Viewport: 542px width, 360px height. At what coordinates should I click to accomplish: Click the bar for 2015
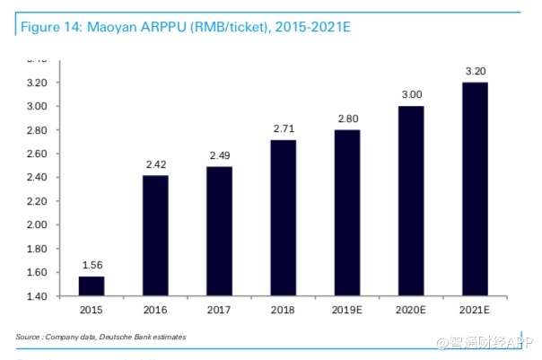tap(92, 285)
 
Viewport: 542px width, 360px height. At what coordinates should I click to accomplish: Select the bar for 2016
tap(155, 235)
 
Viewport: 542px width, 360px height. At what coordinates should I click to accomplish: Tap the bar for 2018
tap(283, 218)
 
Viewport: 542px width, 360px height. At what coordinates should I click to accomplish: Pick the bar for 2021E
tap(475, 189)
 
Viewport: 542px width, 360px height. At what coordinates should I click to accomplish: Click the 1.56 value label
tap(92, 266)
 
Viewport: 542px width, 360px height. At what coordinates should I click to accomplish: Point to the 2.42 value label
tap(155, 164)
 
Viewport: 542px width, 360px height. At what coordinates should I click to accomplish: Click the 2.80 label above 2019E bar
tap(347, 119)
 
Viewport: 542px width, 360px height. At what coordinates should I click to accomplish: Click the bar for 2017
tap(219, 232)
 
